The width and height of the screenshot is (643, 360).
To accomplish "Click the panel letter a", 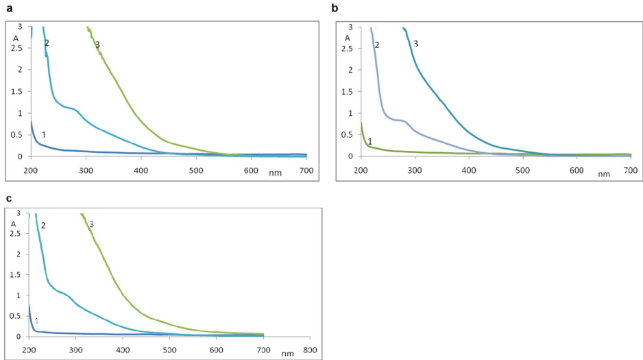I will tap(9, 8).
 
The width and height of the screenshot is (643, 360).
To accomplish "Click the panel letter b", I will tap(335, 8).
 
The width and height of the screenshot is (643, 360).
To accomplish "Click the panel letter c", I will tap(9, 198).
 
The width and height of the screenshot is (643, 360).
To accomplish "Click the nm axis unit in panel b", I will tap(603, 173).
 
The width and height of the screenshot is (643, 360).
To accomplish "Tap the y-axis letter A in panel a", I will tap(15, 38).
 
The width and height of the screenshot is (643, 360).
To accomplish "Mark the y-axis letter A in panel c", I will tap(14, 224).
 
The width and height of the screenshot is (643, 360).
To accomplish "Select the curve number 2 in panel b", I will tap(376, 45).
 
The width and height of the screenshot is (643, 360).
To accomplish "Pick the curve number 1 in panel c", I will tap(36, 320).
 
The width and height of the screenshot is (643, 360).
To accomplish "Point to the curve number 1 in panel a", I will tap(43, 134).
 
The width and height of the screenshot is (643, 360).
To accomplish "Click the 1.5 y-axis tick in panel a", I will tap(18, 92).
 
